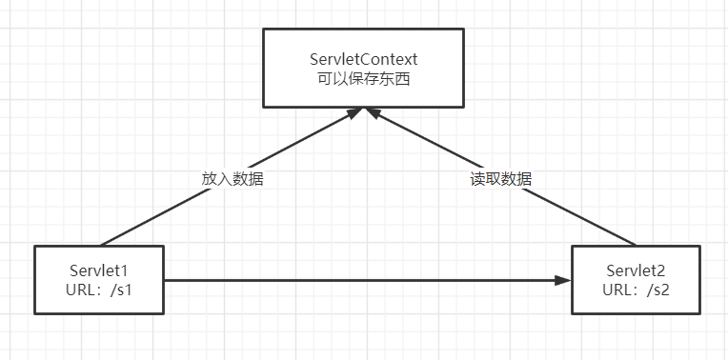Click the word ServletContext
(364, 58)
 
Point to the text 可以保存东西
(364, 77)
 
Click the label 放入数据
(232, 178)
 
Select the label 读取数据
(501, 178)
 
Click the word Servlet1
(98, 270)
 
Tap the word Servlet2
(635, 270)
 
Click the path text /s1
(121, 289)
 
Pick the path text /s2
(657, 289)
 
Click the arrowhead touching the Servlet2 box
(563, 281)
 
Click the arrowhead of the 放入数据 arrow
(354, 112)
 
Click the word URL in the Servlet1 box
(81, 289)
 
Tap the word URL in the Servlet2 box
(617, 289)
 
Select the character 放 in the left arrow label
(209, 178)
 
